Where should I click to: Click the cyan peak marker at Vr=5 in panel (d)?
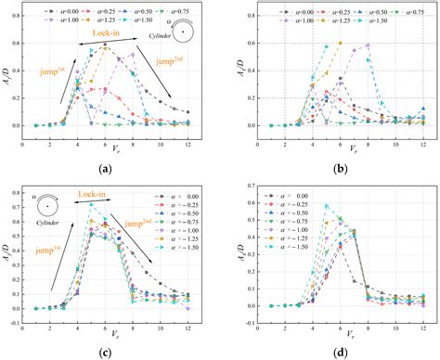[x=325, y=205]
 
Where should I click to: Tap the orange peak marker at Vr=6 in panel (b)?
[x=340, y=43]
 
